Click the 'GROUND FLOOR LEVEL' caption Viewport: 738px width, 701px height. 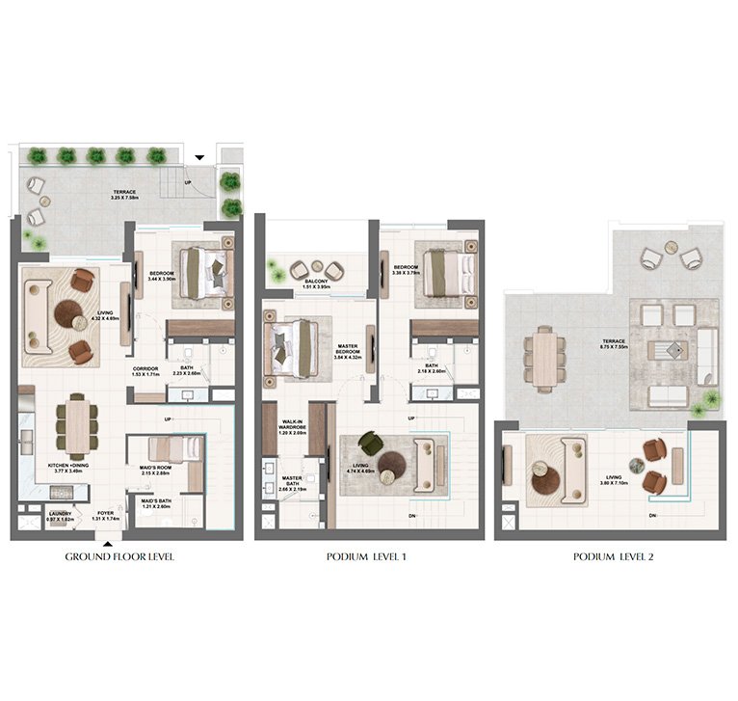(119, 557)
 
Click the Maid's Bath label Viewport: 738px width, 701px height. (156, 503)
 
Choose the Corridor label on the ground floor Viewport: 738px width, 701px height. (146, 372)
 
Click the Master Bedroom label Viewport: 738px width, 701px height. (347, 353)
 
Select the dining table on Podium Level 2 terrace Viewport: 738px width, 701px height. (544, 358)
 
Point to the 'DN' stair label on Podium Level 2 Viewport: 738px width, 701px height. (653, 516)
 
